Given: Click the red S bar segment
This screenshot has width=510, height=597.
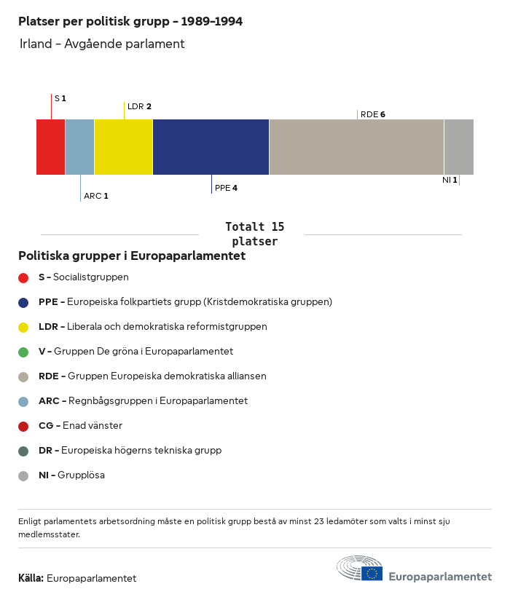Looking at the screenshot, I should pyautogui.click(x=50, y=147).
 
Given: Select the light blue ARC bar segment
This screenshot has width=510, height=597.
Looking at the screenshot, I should pyautogui.click(x=79, y=147).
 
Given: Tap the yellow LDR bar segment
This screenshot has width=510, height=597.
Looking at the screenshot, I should pyautogui.click(x=123, y=147).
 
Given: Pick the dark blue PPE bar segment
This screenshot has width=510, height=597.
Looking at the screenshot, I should pyautogui.click(x=211, y=147).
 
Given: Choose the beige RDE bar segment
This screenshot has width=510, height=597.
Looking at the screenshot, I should pyautogui.click(x=356, y=147).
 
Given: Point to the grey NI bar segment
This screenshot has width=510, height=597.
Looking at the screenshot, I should pyautogui.click(x=458, y=147).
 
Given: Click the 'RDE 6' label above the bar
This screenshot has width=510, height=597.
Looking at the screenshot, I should pyautogui.click(x=372, y=114).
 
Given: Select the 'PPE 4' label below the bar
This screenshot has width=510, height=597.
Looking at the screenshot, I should pyautogui.click(x=226, y=188).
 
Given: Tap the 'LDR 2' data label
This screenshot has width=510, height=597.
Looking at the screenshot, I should pyautogui.click(x=139, y=106).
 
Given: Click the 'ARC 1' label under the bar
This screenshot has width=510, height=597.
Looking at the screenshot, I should pyautogui.click(x=95, y=196).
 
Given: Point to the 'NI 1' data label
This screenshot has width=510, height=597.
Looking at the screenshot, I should pyautogui.click(x=450, y=180).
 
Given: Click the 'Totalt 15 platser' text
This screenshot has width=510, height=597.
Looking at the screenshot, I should pyautogui.click(x=254, y=234).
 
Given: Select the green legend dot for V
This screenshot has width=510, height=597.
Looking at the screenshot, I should pyautogui.click(x=23, y=352).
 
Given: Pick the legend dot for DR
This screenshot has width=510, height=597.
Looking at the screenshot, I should pyautogui.click(x=23, y=451).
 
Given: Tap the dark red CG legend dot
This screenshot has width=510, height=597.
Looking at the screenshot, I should pyautogui.click(x=23, y=426).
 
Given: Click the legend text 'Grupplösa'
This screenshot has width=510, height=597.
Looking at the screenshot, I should pyautogui.click(x=81, y=475).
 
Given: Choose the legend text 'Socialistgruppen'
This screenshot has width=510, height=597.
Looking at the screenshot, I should pyautogui.click(x=91, y=277).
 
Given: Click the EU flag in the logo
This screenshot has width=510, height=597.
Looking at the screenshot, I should pyautogui.click(x=372, y=574).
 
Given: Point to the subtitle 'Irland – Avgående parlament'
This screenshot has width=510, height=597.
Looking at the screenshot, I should pyautogui.click(x=102, y=44).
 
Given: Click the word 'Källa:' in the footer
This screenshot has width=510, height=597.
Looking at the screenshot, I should pyautogui.click(x=31, y=579).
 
